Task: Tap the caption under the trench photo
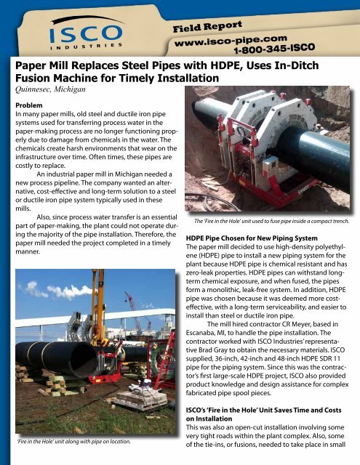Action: pyautogui.click(x=271, y=220)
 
